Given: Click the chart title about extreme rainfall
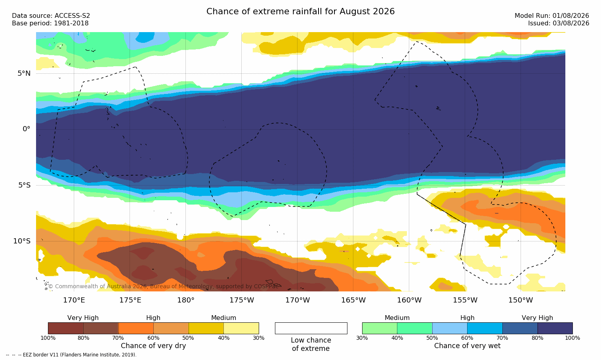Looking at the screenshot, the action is tap(300, 11).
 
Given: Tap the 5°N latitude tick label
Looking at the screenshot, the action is tap(24, 73).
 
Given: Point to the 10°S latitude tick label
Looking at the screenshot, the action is tap(22, 241).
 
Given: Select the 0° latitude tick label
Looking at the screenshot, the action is tap(26, 129).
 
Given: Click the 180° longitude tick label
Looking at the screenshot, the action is tap(186, 300).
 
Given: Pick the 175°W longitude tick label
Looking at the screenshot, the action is tap(242, 300).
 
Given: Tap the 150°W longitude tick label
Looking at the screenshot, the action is tap(521, 300).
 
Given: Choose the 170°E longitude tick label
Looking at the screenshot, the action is tap(74, 300).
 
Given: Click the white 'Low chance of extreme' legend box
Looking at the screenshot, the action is tap(311, 328).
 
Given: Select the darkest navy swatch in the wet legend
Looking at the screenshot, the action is tap(555, 328).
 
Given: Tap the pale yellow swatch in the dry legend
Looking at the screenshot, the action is tap(241, 328).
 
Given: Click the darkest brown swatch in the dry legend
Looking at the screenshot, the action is tap(66, 328).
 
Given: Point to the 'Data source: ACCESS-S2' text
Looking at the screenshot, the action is tap(51, 16).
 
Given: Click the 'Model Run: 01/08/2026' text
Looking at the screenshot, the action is tap(551, 16).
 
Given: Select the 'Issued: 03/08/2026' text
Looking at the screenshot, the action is tap(559, 23).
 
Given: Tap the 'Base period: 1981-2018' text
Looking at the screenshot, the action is tap(50, 23).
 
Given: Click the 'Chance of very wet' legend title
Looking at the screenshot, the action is tap(467, 346).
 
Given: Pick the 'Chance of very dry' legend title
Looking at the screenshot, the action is tap(153, 346).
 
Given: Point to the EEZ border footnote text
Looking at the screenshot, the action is tap(71, 355).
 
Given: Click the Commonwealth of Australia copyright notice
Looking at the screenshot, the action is tap(163, 286).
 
